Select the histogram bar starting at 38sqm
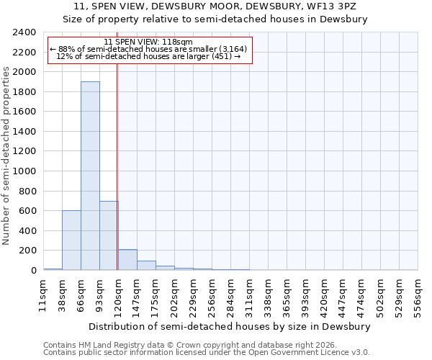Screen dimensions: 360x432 point(71,240)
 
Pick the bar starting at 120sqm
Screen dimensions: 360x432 point(127,260)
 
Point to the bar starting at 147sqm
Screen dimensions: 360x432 point(146,266)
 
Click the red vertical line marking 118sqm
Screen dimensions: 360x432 point(117,180)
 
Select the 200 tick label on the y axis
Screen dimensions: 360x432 point(27,251)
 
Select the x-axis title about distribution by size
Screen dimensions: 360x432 point(230,326)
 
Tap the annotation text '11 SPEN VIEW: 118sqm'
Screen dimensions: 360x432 point(148,42)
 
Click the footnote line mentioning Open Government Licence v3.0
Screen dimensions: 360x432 point(207,352)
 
